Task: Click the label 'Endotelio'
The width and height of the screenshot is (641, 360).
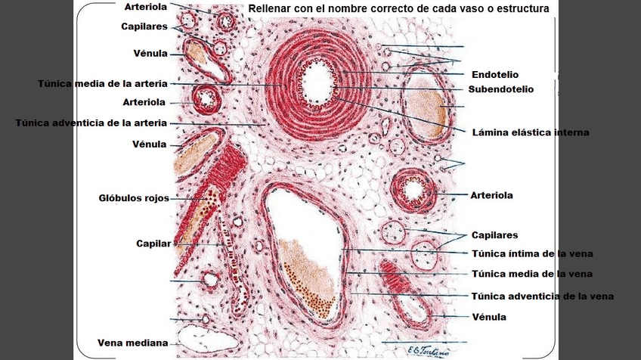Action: click(496, 75)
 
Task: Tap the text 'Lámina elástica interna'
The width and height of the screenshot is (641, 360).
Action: click(530, 132)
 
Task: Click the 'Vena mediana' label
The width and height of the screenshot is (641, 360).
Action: click(133, 343)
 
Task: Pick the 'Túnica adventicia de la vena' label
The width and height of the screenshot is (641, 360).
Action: click(542, 296)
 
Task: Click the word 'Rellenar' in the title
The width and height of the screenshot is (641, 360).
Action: click(271, 9)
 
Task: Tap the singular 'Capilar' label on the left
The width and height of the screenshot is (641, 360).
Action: click(153, 244)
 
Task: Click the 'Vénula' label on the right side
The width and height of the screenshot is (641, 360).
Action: click(489, 317)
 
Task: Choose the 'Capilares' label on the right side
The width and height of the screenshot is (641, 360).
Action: click(494, 235)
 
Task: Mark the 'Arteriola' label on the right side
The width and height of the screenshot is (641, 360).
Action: click(491, 195)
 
